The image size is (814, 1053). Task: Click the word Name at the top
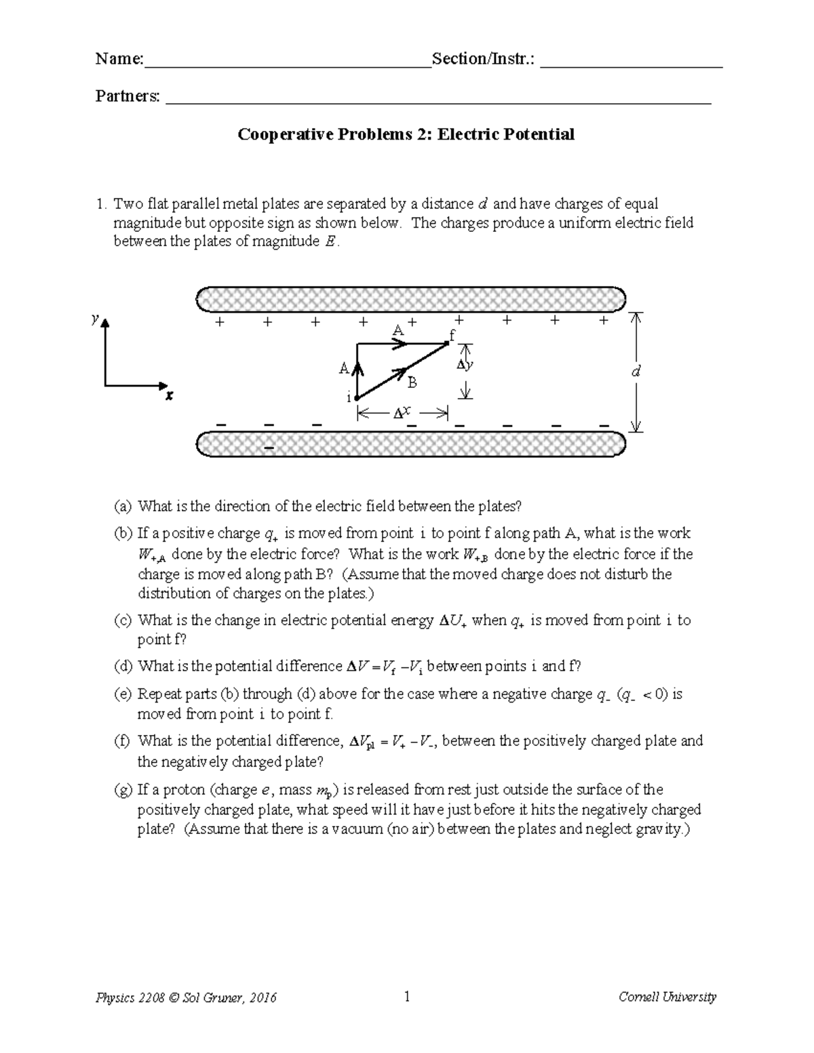[x=118, y=59]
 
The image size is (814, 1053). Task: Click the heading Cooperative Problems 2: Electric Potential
[x=406, y=134]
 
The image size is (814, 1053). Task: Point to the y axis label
[x=96, y=318]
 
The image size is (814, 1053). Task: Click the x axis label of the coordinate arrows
[x=169, y=395]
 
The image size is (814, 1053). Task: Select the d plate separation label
[x=635, y=372]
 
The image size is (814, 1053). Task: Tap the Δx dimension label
[x=402, y=412]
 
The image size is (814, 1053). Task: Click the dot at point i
[x=357, y=398]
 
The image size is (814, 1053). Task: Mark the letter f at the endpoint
[x=452, y=335]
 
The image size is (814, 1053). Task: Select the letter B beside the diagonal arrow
[x=412, y=383]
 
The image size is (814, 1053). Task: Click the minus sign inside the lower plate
[x=269, y=449]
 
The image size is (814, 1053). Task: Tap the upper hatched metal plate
[x=410, y=299]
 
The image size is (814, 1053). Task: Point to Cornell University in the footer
[x=667, y=997]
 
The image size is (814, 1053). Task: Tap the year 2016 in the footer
[x=262, y=997]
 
